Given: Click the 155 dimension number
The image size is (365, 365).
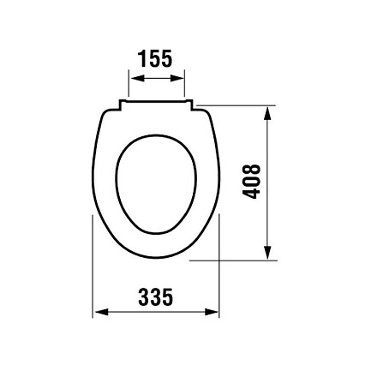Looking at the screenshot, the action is (x=155, y=58).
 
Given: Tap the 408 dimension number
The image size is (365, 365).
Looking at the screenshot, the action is (x=251, y=182).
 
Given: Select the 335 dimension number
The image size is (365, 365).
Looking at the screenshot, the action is (x=156, y=296).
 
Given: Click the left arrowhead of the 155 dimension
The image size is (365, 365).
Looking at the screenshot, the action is (x=136, y=78).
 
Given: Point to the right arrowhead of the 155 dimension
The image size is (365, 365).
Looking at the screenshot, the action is (x=177, y=78).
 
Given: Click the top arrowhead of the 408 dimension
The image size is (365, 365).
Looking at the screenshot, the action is (x=267, y=113).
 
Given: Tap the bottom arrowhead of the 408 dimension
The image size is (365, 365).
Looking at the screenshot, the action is (x=267, y=253).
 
